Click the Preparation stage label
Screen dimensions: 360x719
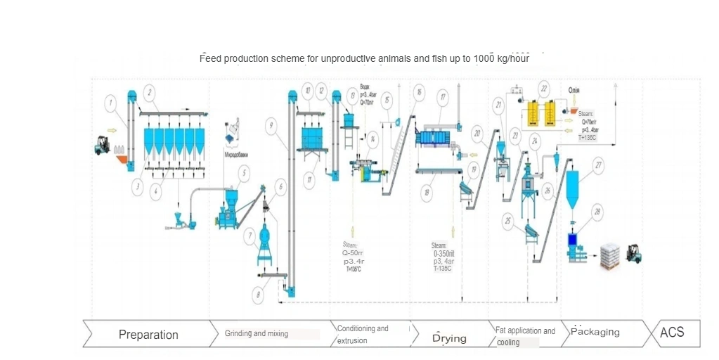(x=148, y=335)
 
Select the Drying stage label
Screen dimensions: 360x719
(x=449, y=338)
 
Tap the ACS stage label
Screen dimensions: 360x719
(x=671, y=333)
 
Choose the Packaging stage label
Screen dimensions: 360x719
(x=595, y=332)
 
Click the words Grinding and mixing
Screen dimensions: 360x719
(x=257, y=333)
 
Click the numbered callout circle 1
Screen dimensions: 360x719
(x=110, y=103)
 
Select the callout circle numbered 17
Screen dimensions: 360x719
(x=442, y=98)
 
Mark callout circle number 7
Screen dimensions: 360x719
(x=250, y=237)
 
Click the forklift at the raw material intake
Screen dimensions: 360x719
(x=103, y=145)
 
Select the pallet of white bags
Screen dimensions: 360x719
(x=608, y=257)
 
